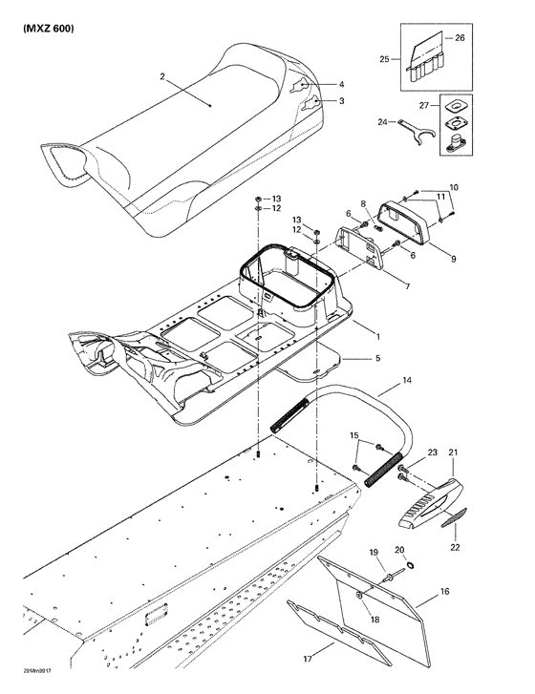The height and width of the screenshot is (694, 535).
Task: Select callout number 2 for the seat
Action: (162, 75)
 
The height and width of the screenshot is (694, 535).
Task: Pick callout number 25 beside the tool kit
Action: (384, 60)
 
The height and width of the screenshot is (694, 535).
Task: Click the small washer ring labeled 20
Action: (411, 566)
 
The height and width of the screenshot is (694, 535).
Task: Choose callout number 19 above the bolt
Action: (374, 551)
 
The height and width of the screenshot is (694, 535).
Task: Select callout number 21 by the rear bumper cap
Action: (455, 452)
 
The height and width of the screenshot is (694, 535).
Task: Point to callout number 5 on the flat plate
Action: (351, 358)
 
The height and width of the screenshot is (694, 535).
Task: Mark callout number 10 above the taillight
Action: (454, 186)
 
